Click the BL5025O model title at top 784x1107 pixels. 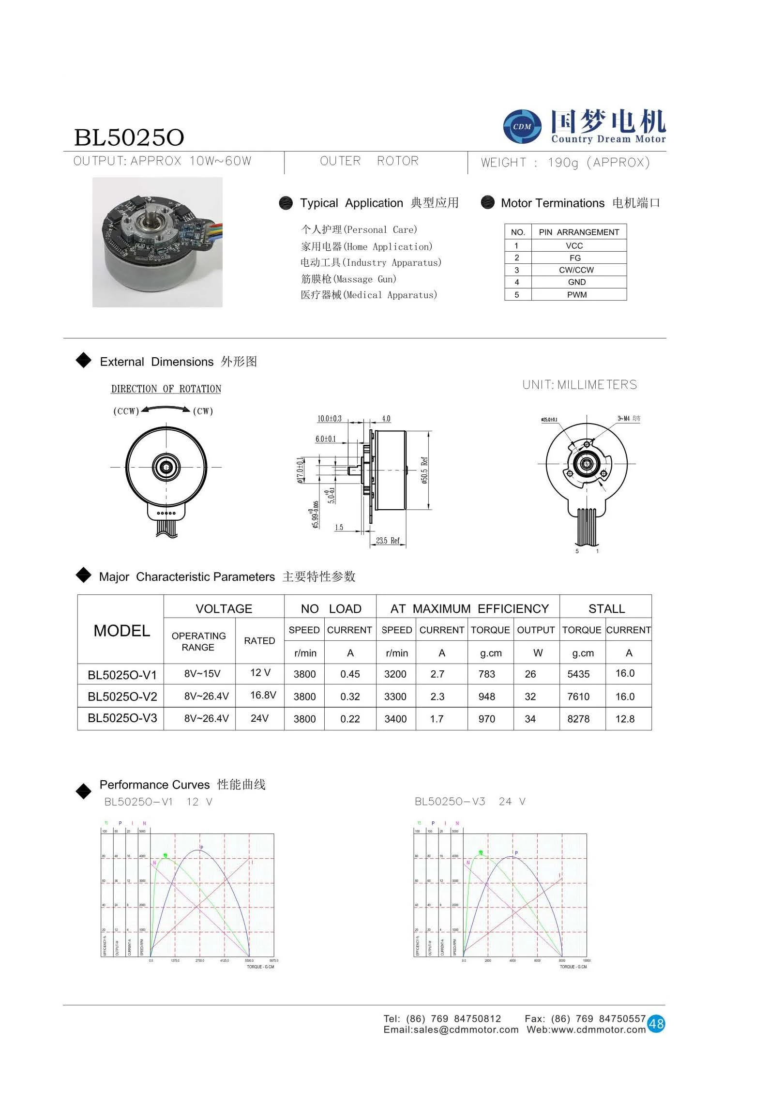(129, 137)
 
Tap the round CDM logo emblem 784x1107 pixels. (522, 127)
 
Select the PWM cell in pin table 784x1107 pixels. (577, 295)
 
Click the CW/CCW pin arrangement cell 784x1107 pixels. (576, 270)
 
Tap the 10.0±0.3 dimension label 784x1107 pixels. (329, 419)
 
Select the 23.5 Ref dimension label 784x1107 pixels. (388, 541)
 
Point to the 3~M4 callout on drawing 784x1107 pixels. (628, 418)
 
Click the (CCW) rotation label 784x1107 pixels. (126, 411)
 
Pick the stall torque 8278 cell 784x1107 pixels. (578, 719)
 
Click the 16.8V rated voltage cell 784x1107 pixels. (263, 696)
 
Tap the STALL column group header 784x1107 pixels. (606, 609)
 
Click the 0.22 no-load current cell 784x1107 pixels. (350, 719)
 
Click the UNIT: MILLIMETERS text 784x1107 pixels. (579, 385)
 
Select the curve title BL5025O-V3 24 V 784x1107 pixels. (469, 802)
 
